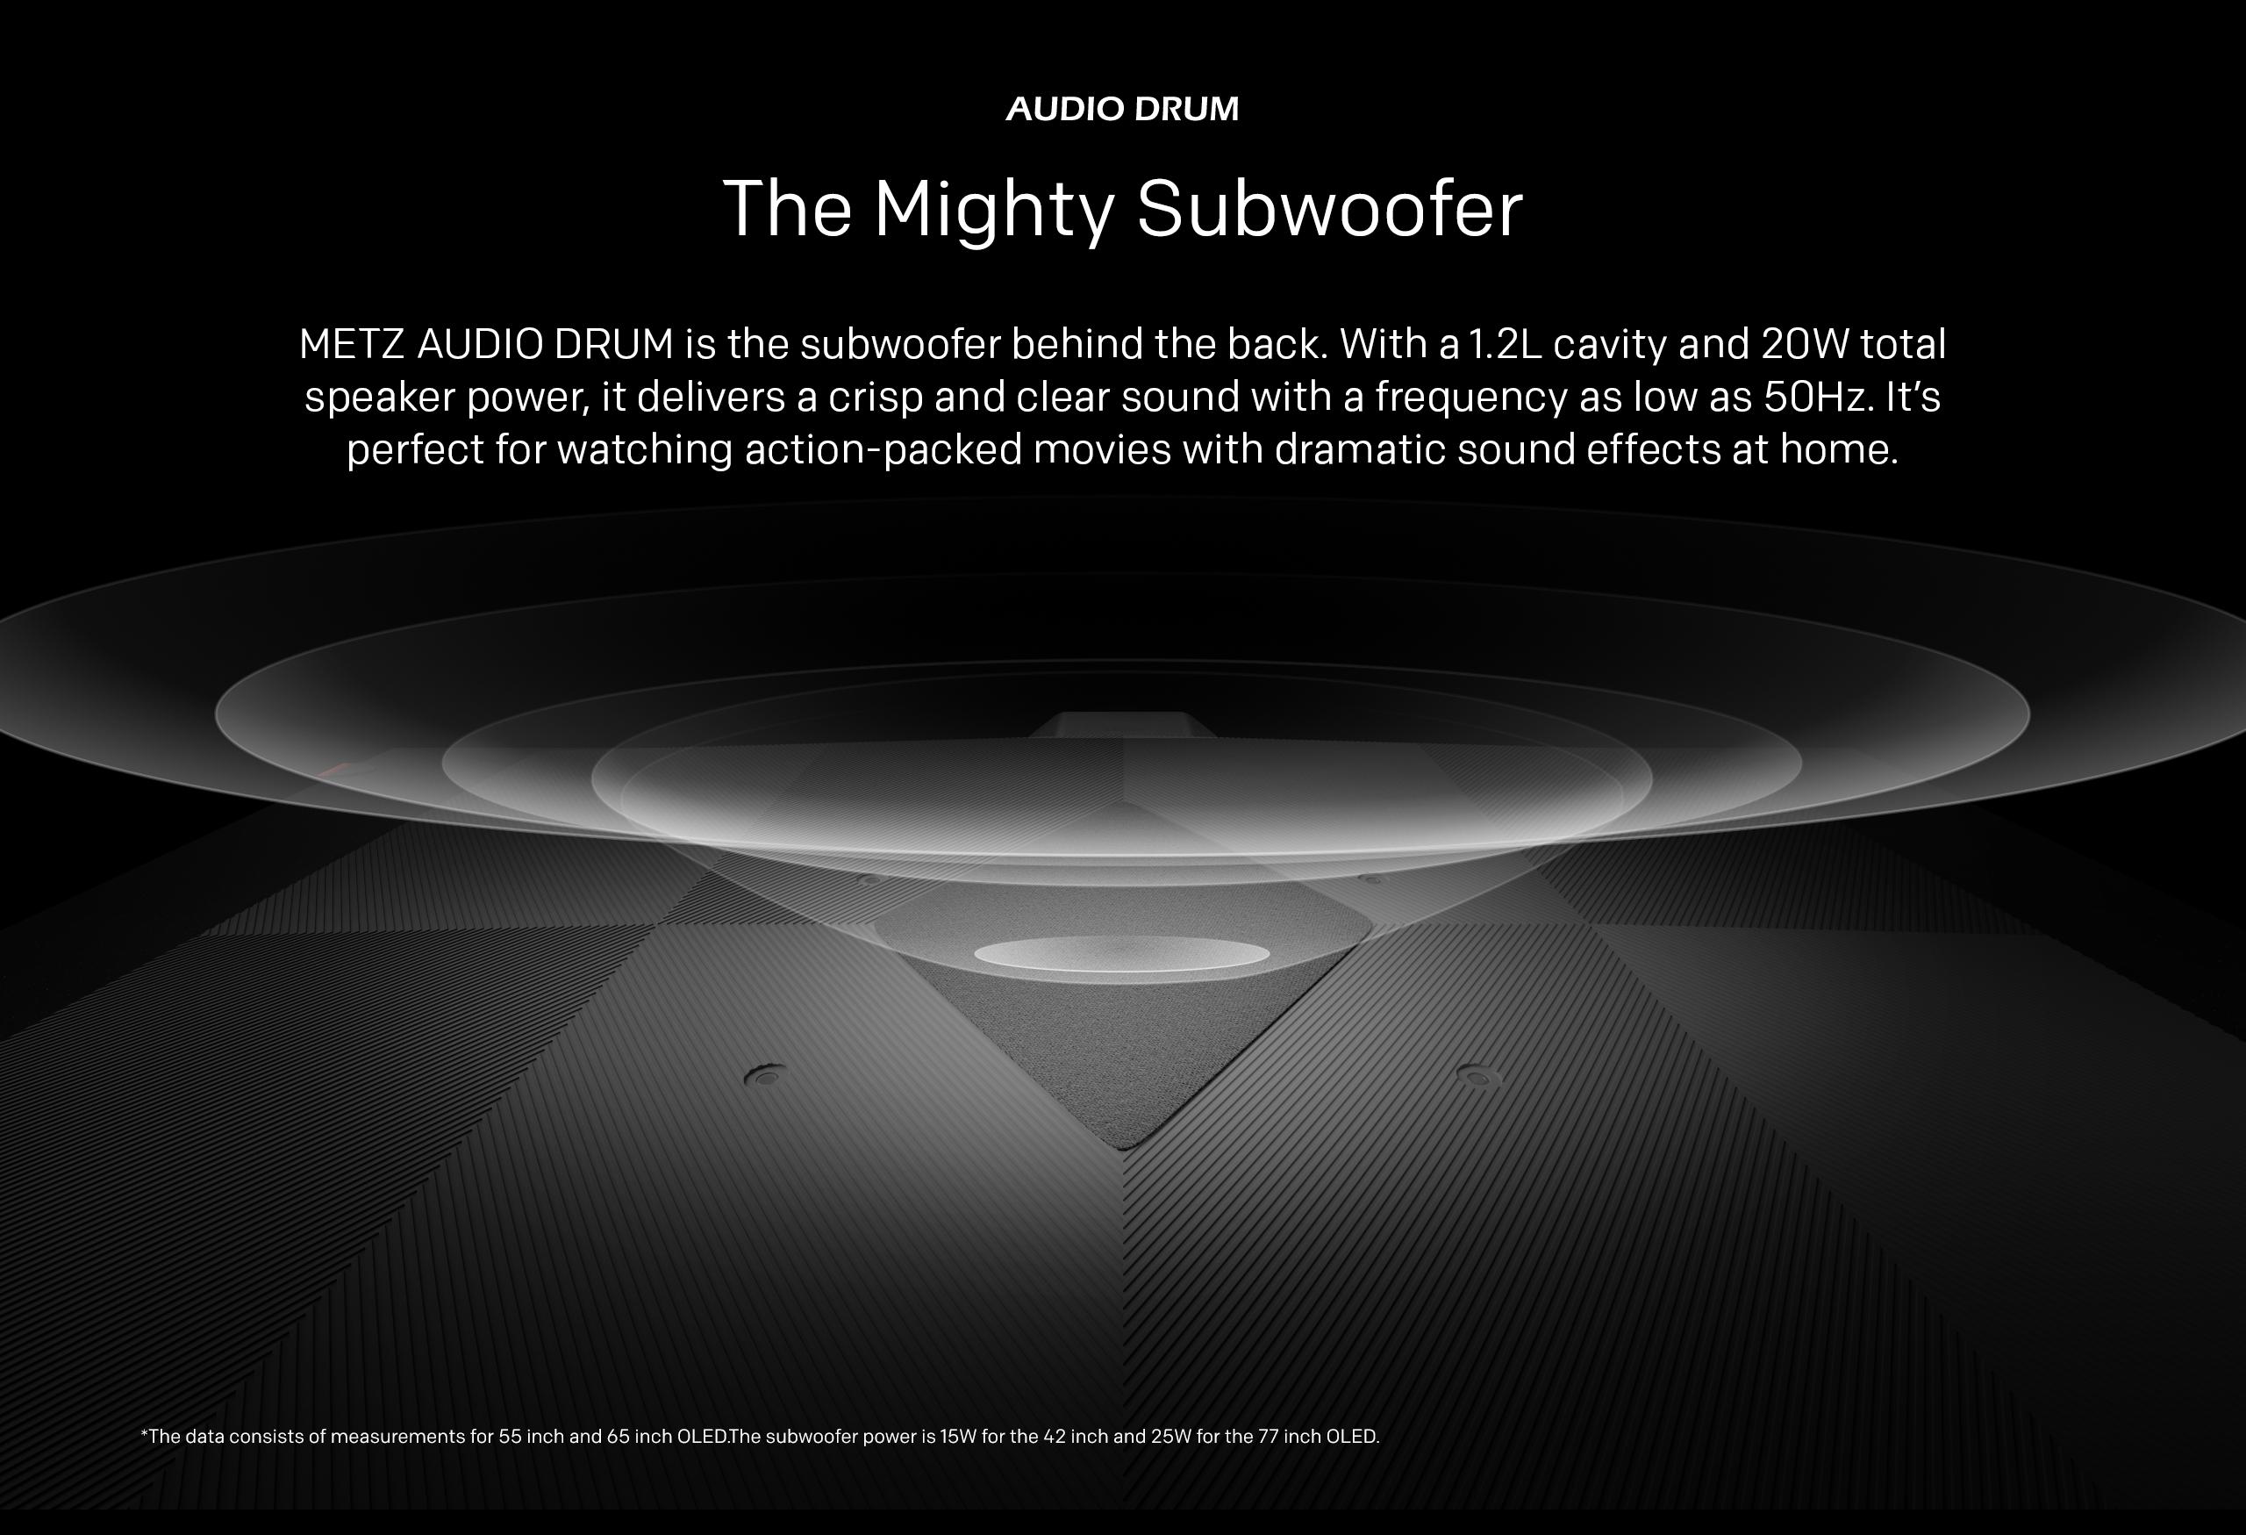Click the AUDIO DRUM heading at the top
pyautogui.click(x=1122, y=108)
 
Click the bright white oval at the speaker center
pyautogui.click(x=1121, y=955)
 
